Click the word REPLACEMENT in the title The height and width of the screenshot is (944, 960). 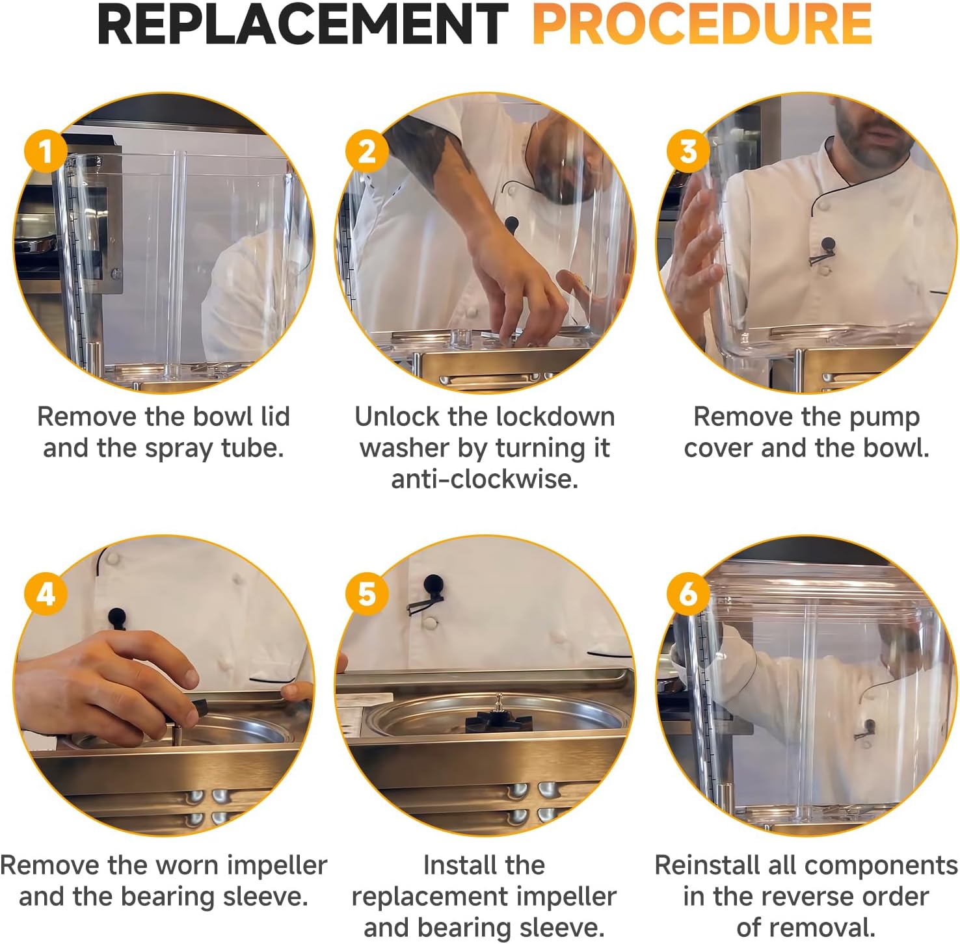tap(302, 24)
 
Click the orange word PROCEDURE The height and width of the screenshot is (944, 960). tap(702, 24)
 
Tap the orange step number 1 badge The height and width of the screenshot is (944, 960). tap(46, 151)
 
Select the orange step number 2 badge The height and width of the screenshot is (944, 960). tap(367, 151)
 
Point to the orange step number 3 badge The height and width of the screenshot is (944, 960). tap(688, 151)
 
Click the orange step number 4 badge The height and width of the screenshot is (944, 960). tap(46, 594)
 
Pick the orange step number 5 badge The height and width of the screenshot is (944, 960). tap(367, 594)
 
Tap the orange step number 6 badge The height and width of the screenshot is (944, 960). tap(688, 594)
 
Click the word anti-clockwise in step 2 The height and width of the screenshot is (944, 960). tap(485, 479)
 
